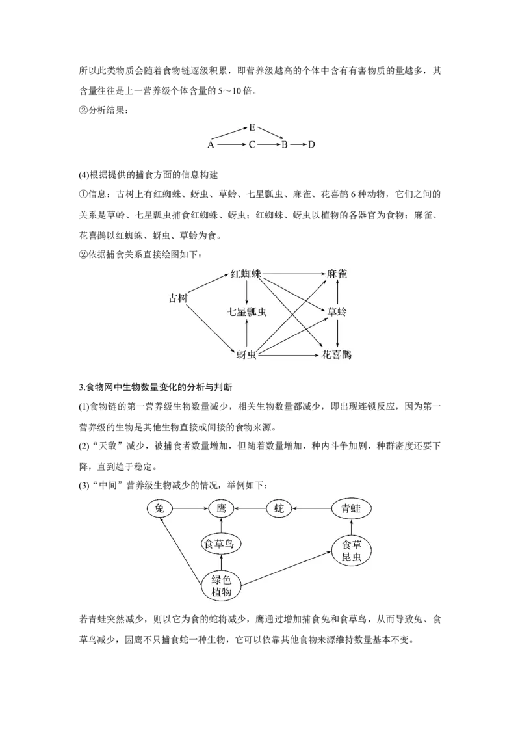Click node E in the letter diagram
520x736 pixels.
pos(252,127)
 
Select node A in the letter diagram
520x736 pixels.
pos(211,144)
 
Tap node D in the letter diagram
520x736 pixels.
pos(311,144)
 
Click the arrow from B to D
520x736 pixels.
pos(298,144)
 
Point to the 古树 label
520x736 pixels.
pos(178,298)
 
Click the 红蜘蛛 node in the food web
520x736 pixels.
pos(246,274)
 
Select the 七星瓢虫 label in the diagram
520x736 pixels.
pos(247,311)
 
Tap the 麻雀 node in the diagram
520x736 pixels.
pos(337,274)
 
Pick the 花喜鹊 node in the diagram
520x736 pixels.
pos(337,354)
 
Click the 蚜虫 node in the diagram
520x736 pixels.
pos(246,355)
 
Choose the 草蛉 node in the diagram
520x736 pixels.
pos(337,311)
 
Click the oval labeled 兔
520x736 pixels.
pos(159,508)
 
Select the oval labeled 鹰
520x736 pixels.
pos(222,508)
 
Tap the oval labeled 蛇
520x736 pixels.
pos(279,508)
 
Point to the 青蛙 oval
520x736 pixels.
pos(351,508)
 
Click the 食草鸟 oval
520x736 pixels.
pos(221,544)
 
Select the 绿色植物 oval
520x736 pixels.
pos(222,586)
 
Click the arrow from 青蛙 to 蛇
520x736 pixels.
pos(311,508)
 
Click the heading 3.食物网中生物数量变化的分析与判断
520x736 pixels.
pos(156,388)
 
